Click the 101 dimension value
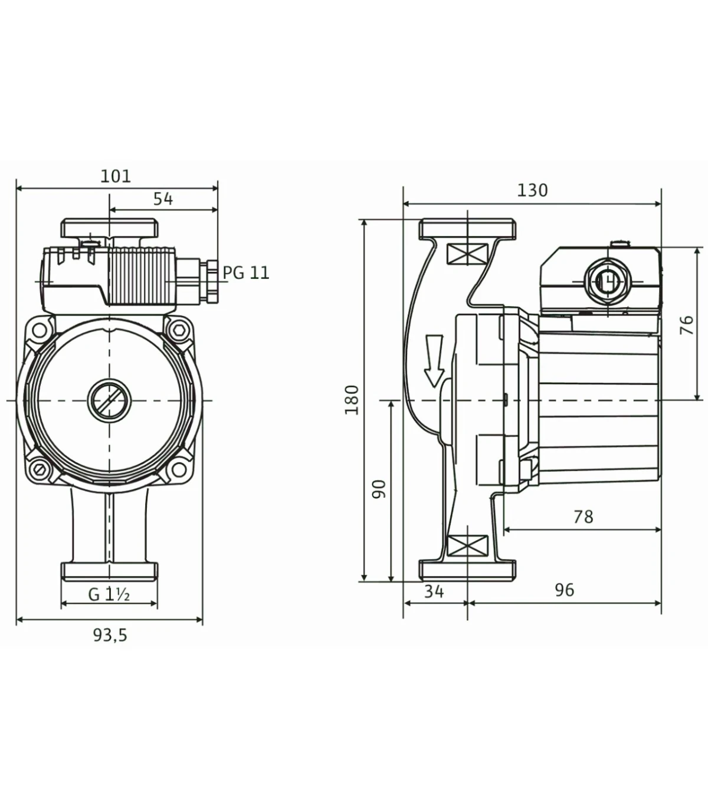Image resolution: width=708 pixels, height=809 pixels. [x=116, y=176]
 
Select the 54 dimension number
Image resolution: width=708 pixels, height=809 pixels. [x=163, y=199]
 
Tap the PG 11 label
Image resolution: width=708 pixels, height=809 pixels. [x=246, y=273]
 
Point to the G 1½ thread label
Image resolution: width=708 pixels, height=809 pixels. [x=109, y=594]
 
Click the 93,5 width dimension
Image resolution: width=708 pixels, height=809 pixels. [x=110, y=635]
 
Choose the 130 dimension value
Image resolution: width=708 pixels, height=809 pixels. [x=532, y=190]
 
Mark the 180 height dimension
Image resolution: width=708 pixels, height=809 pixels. [x=352, y=400]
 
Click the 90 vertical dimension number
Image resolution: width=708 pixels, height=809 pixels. [x=379, y=489]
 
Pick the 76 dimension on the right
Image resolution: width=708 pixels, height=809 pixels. [x=687, y=325]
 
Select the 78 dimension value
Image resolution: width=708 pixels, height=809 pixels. [x=584, y=517]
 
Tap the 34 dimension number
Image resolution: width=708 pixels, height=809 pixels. [x=434, y=591]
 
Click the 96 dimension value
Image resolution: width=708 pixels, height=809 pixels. [x=565, y=590]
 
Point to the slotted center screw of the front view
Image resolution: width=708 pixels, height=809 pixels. [x=109, y=400]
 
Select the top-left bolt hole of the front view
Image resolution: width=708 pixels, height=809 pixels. [x=40, y=329]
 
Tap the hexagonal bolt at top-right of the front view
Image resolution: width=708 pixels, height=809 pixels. [x=178, y=329]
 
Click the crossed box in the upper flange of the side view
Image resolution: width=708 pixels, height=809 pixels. [x=467, y=254]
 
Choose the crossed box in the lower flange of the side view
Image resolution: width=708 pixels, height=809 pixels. [x=467, y=546]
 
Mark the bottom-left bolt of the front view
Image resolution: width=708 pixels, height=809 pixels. [x=40, y=471]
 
